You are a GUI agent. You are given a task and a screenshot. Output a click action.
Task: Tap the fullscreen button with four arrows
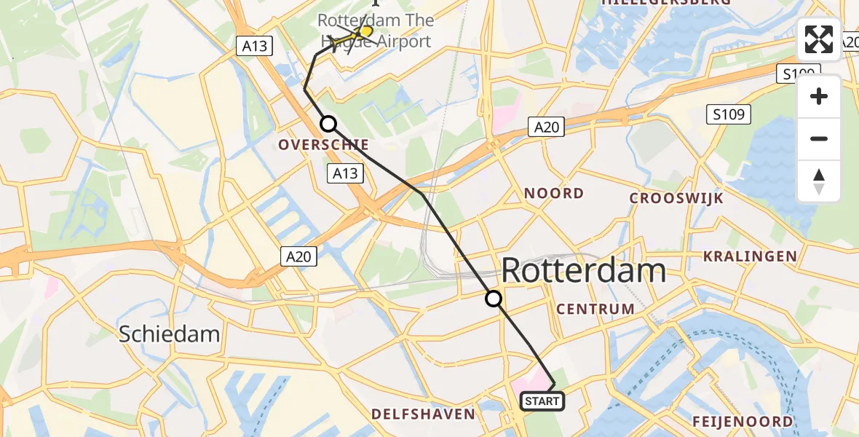pos(819,39)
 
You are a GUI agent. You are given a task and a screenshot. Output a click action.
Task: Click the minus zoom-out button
pos(819,138)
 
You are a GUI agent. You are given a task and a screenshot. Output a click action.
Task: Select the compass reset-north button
pos(819,181)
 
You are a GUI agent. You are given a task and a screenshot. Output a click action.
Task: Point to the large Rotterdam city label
pos(584,271)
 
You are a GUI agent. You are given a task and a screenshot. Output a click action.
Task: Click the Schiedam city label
pos(169,334)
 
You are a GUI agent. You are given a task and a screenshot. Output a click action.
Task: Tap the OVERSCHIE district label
pos(323,145)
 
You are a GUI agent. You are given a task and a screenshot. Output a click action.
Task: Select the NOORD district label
pos(554,194)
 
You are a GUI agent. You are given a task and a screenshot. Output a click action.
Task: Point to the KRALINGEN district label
pos(750,256)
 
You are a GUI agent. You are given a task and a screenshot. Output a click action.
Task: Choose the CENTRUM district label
pos(595,309)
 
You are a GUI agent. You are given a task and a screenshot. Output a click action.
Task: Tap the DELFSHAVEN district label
pos(423,414)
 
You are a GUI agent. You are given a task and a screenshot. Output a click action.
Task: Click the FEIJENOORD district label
pos(742,422)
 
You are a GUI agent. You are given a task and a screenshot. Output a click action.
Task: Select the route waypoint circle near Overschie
pos(328,124)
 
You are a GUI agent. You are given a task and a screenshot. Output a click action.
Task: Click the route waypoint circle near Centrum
pos(494,299)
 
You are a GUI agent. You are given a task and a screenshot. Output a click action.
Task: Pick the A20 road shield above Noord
pos(546,127)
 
